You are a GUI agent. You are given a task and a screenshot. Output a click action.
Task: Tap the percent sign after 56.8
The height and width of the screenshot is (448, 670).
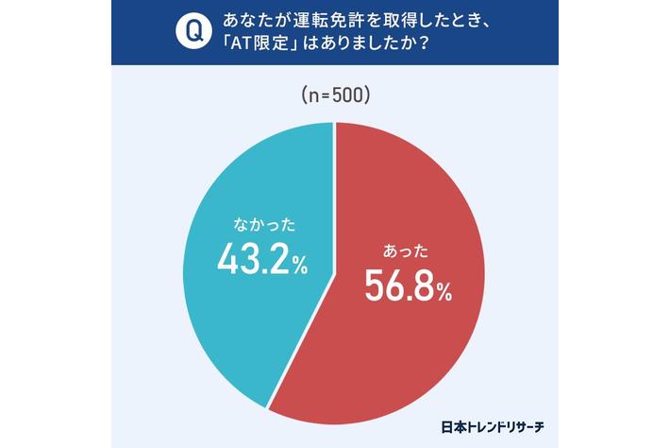(x=443, y=293)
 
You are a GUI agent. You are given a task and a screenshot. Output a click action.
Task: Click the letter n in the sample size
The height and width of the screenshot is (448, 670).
(x=312, y=96)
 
